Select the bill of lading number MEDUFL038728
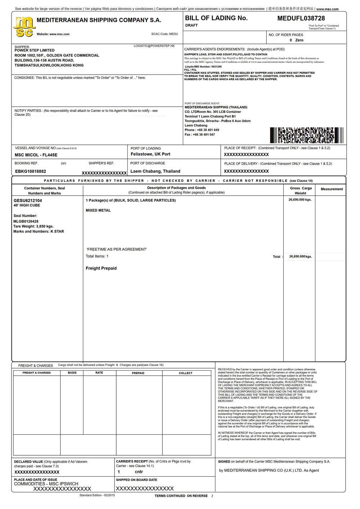pos(301,18)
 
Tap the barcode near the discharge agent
pos(306,135)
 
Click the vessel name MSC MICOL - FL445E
pos(36,155)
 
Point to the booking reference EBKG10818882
pos(31,171)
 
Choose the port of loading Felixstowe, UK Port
pos(150,154)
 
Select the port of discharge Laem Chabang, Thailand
pos(155,171)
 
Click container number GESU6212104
pos(28,201)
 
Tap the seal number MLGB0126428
pos(26,222)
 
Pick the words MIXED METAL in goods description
pos(98,210)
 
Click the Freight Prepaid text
pos(101,268)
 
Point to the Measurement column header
pos(332,189)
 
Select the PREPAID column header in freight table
pos(138,373)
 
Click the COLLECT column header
pos(186,373)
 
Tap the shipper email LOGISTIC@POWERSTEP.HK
pos(154,46)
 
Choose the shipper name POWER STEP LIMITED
pos(35,50)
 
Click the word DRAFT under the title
pos(192,26)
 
